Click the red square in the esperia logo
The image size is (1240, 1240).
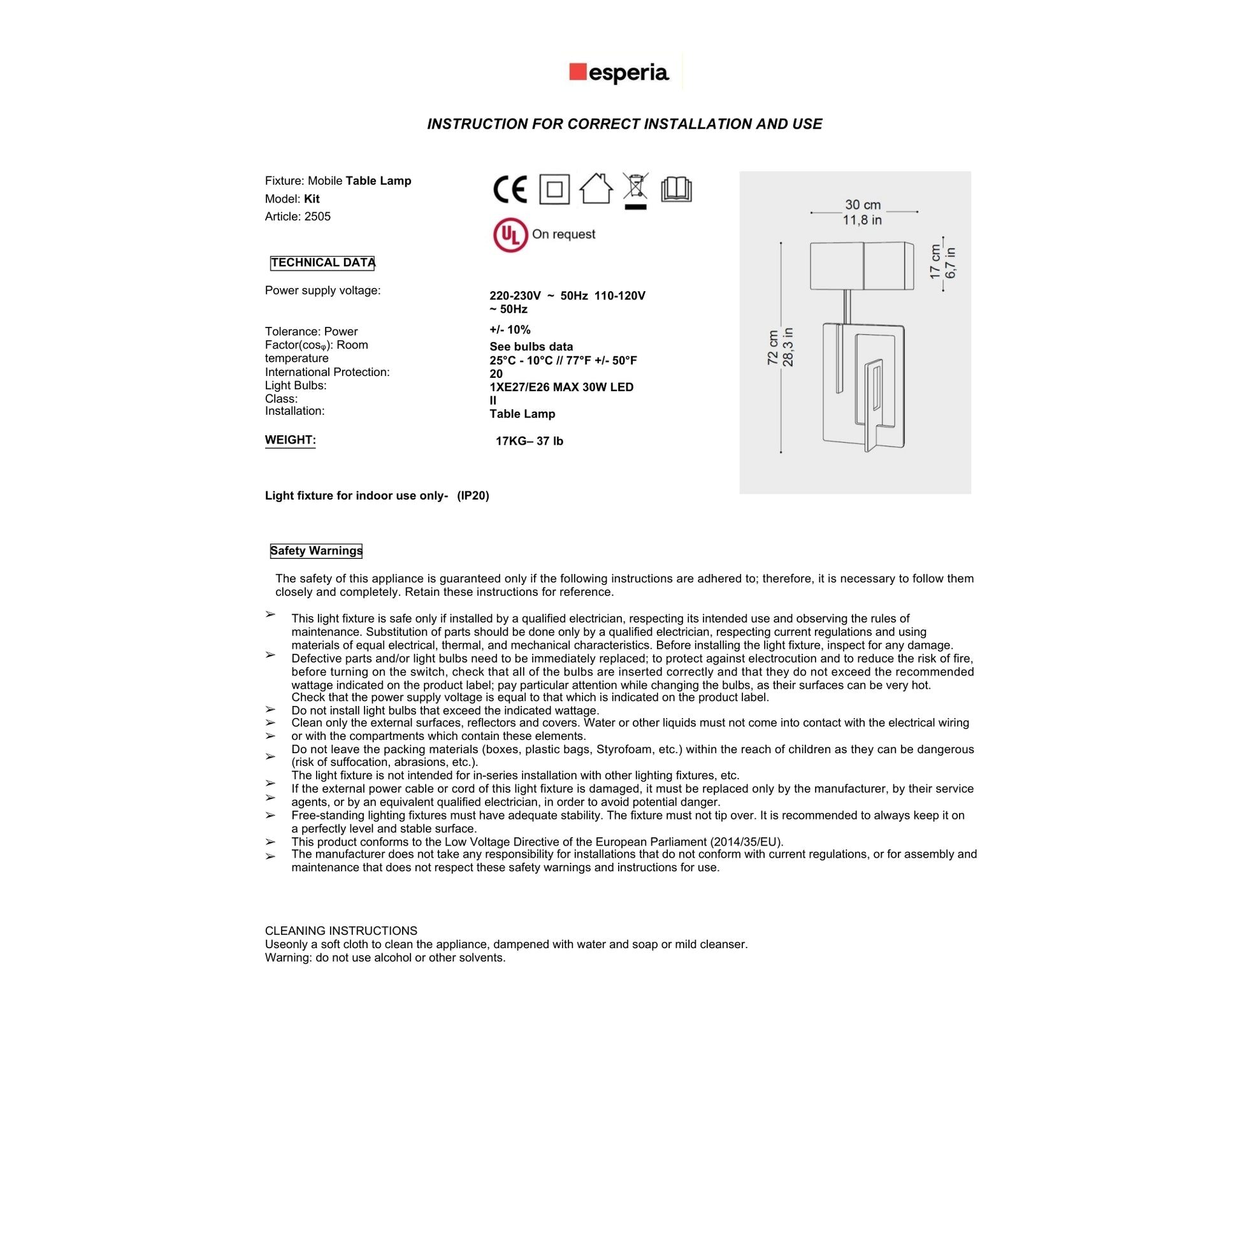click(578, 72)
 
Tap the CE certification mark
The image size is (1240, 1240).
click(510, 189)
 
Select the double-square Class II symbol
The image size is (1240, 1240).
click(554, 189)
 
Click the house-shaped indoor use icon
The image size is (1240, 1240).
click(596, 189)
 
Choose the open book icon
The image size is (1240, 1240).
click(677, 189)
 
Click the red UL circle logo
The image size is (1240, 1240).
click(510, 235)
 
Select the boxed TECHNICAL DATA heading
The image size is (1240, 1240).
click(322, 263)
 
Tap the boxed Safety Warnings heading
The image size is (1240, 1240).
click(316, 551)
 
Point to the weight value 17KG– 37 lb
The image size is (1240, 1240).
click(530, 441)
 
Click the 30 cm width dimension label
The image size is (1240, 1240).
click(863, 205)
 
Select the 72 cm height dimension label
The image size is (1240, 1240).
click(774, 348)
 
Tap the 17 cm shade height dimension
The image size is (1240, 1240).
click(936, 261)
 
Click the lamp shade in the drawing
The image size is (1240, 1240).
click(862, 266)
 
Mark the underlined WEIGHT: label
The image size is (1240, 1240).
click(290, 440)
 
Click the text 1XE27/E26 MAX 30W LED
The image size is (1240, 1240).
click(561, 387)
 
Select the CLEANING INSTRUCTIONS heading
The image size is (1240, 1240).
click(341, 931)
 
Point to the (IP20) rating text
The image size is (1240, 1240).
click(473, 496)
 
